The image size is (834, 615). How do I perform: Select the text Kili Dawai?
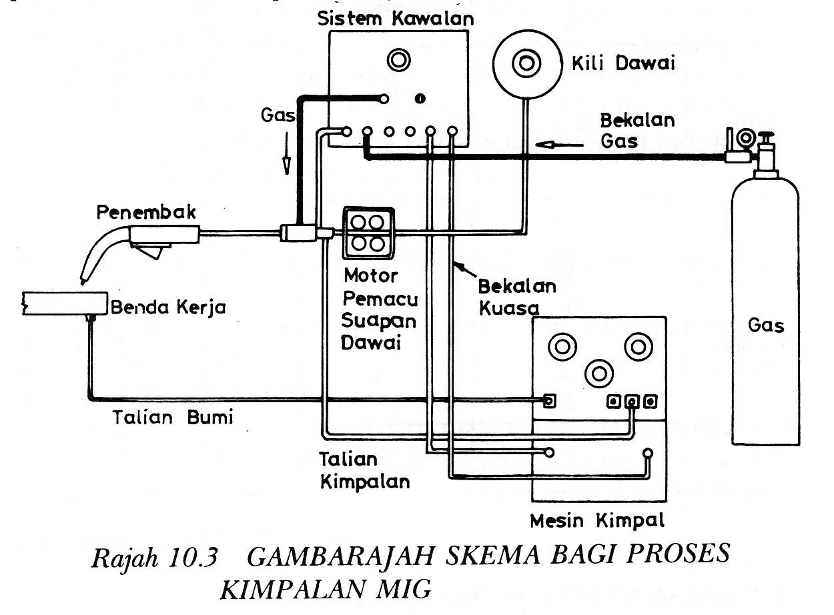click(623, 64)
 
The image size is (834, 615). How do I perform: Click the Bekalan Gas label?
click(637, 131)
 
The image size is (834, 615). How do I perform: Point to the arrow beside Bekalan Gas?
click(555, 143)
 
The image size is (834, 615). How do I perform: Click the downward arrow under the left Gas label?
click(287, 162)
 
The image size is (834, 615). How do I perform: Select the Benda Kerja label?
click(168, 307)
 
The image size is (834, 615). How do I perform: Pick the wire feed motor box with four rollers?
click(368, 232)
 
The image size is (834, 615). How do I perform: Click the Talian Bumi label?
click(172, 418)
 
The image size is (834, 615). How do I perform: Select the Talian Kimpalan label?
click(364, 471)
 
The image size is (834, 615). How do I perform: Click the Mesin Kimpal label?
click(597, 520)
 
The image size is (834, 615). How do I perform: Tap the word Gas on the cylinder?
click(766, 326)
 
